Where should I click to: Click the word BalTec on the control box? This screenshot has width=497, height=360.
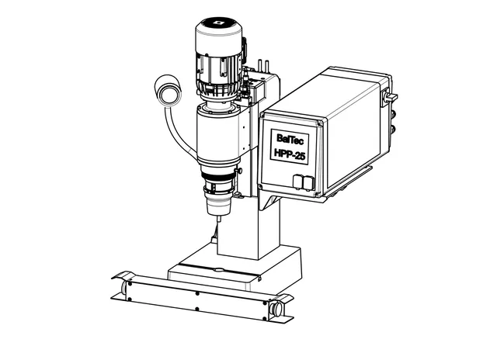(x=290, y=140)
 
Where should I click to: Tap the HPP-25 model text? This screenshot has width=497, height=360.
(x=290, y=156)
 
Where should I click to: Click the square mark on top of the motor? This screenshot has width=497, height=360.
(x=217, y=22)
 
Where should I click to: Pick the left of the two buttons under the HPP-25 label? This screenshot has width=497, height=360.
(x=298, y=182)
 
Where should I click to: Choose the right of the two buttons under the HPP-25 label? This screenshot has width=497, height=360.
(x=308, y=183)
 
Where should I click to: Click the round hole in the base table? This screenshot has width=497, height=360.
(x=219, y=270)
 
